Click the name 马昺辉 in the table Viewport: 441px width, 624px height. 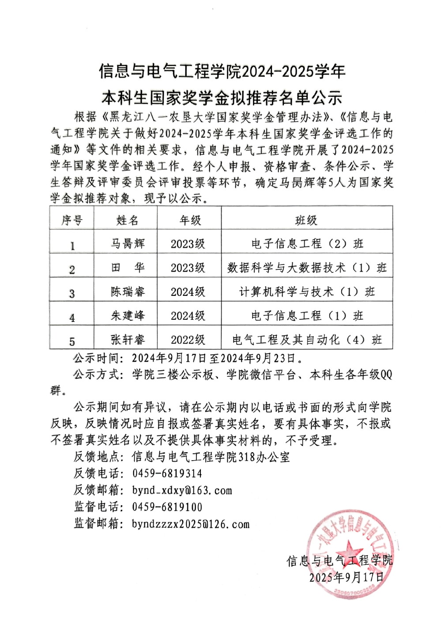click(128, 243)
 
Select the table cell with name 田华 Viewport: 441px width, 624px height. click(128, 267)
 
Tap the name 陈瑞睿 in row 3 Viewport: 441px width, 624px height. click(128, 291)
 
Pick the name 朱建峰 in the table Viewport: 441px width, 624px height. click(128, 315)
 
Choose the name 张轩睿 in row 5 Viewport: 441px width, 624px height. click(128, 339)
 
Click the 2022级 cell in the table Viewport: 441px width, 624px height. click(188, 339)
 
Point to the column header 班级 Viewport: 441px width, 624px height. click(306, 220)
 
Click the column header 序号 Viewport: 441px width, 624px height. click(72, 220)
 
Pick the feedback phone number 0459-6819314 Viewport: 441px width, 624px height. click(167, 473)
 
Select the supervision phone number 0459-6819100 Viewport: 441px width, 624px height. click(167, 507)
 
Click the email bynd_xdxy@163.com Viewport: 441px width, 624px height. click(182, 490)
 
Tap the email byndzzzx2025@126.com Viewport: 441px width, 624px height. click(191, 524)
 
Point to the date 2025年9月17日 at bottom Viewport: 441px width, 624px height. click(347, 577)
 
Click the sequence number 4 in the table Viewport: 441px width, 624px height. click(72, 317)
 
